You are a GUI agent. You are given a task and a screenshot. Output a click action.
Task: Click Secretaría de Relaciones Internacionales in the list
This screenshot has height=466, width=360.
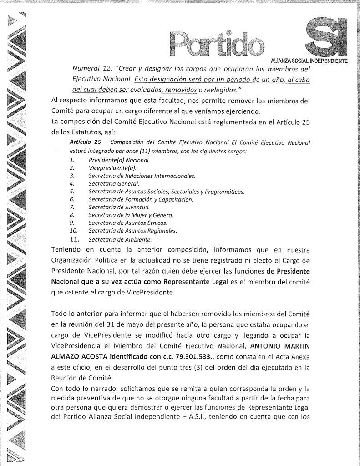coord(142,176)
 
